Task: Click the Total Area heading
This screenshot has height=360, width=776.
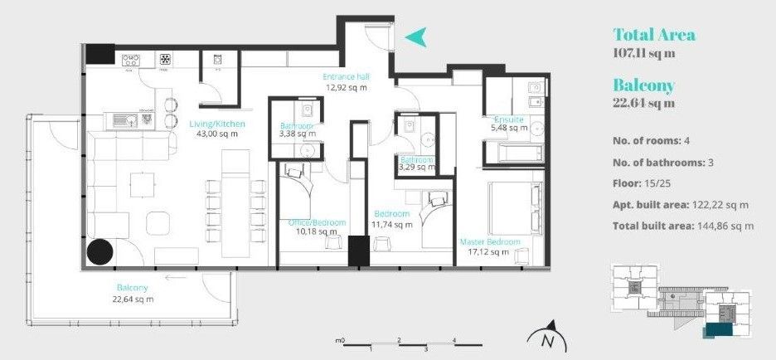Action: pos(653,35)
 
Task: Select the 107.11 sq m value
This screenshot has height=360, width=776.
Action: pos(643,53)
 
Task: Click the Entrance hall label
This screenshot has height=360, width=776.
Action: pos(346,77)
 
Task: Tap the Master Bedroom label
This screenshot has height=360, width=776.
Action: pos(490,242)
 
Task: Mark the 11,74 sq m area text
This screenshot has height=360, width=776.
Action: pos(393,224)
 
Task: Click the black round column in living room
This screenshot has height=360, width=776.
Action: pos(103,251)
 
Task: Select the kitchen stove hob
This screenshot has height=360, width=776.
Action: pos(132,59)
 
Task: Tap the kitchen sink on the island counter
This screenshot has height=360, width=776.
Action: pos(125,119)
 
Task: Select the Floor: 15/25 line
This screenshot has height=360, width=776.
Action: pos(642,182)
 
